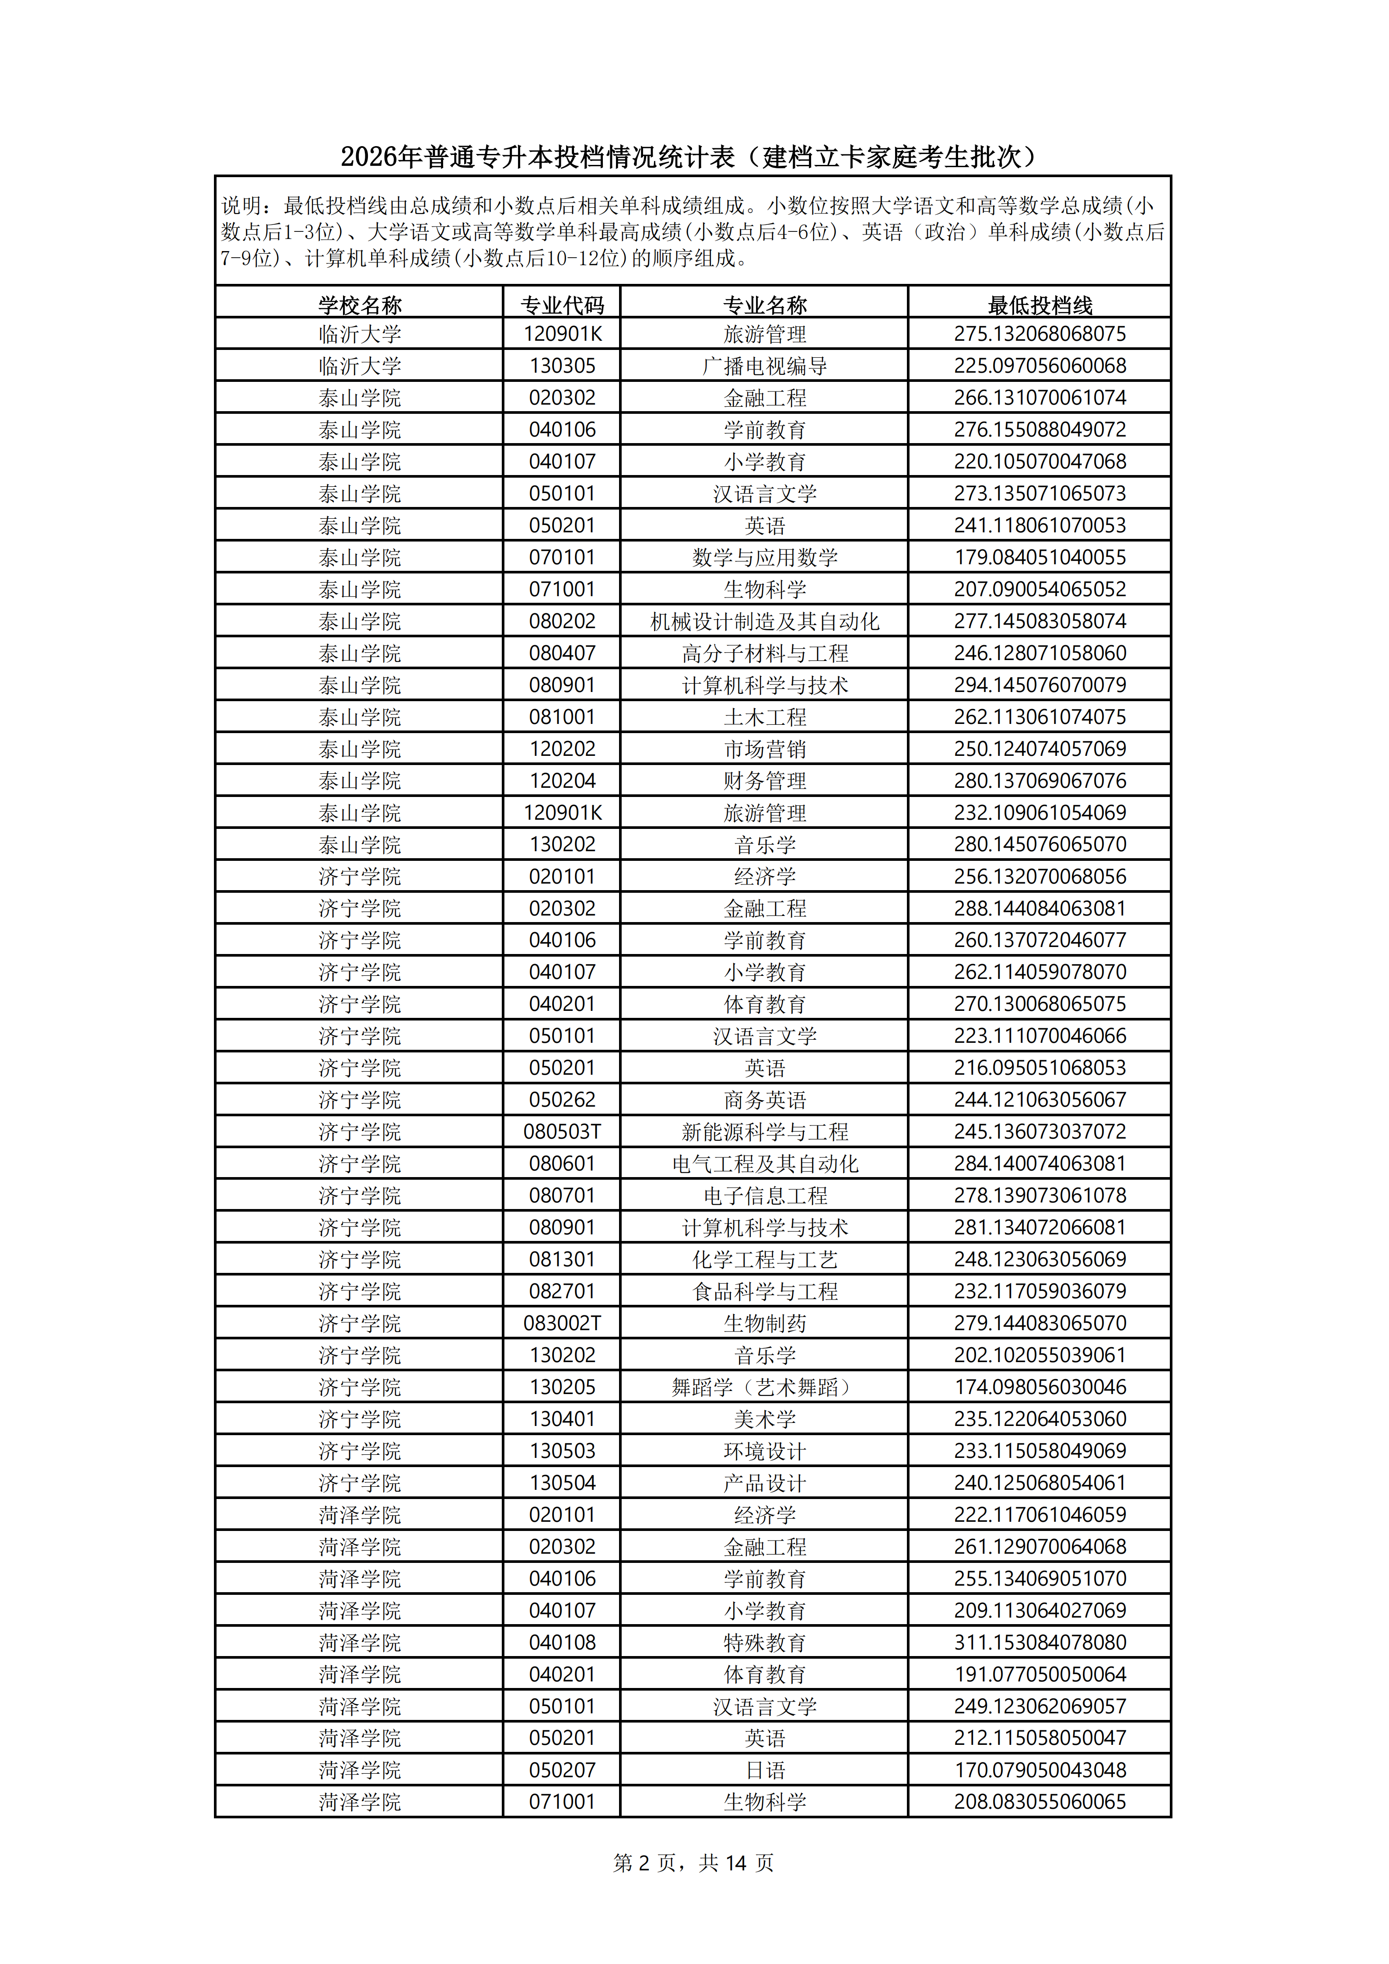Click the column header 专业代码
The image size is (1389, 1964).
[x=562, y=304]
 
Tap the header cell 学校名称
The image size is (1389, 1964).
[x=359, y=304]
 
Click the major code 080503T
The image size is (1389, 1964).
[x=562, y=1132]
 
